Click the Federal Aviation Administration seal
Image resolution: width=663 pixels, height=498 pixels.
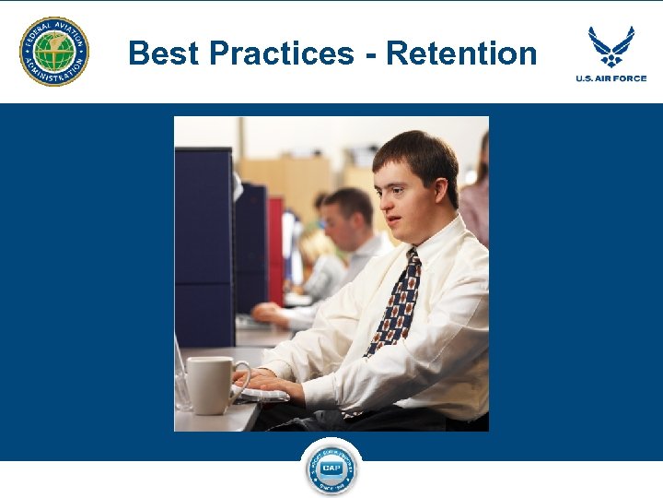(x=54, y=52)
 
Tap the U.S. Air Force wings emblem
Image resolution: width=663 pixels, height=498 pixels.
(x=611, y=45)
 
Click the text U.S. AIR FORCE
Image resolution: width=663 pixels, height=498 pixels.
(x=611, y=78)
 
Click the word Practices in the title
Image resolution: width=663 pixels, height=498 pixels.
(x=281, y=53)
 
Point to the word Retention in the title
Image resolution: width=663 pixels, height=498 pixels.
(x=461, y=53)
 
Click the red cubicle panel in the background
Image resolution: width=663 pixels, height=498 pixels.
(x=275, y=249)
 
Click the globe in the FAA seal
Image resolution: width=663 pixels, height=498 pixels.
(x=54, y=52)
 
